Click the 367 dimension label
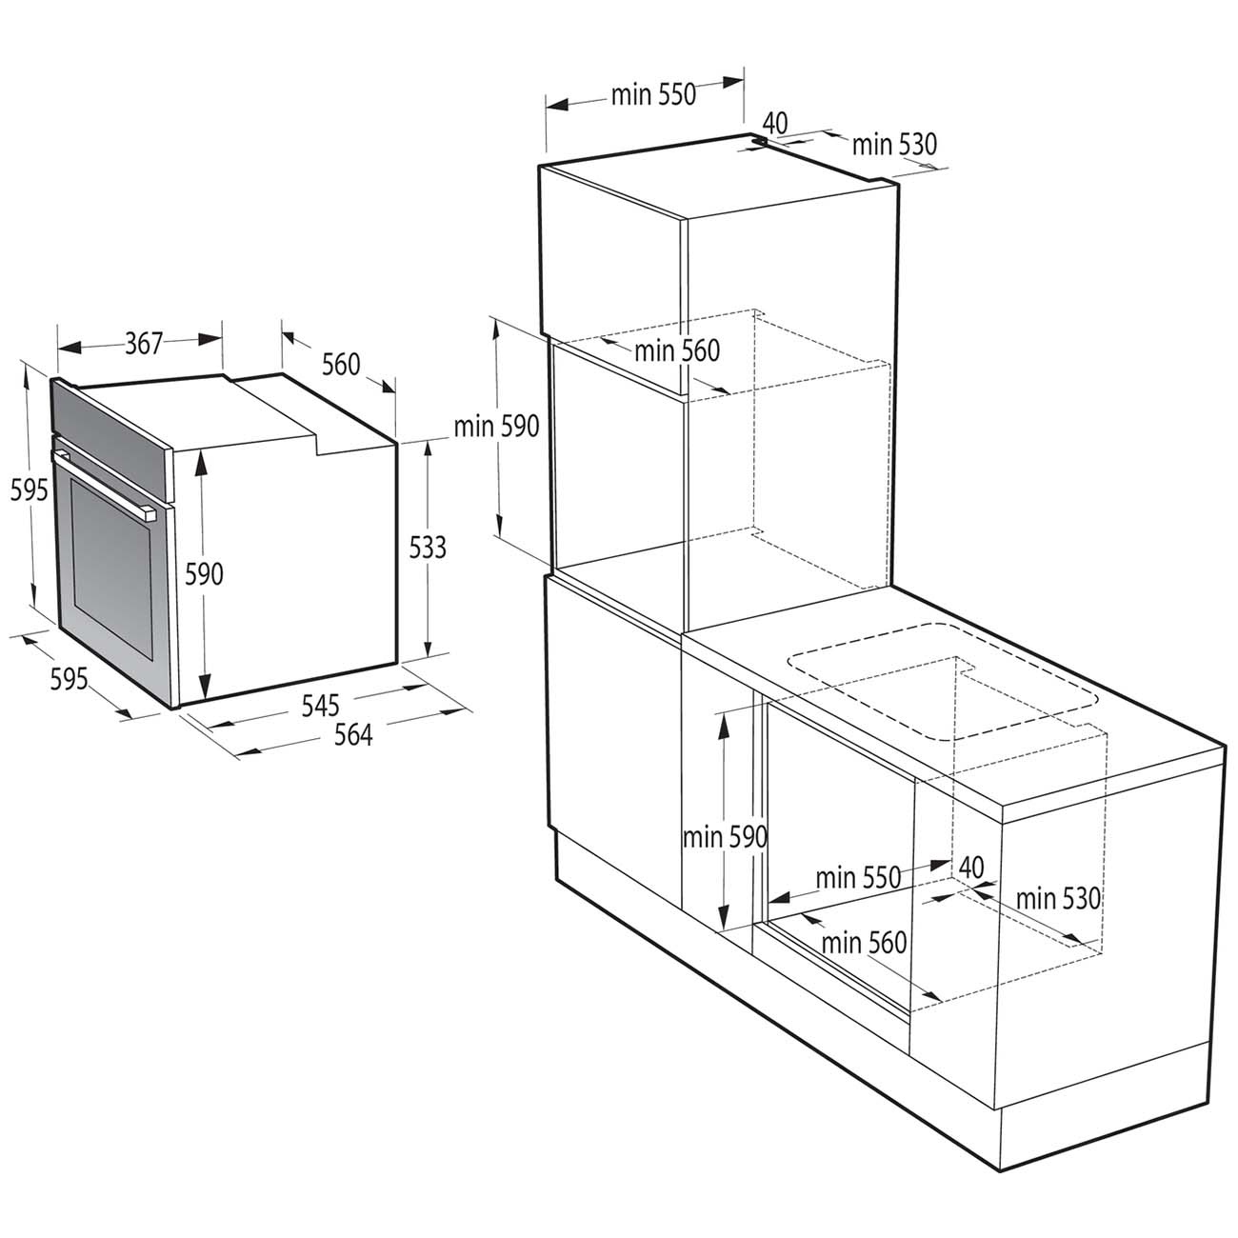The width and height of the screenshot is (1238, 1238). pos(145,343)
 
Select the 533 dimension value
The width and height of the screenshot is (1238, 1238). pos(429,548)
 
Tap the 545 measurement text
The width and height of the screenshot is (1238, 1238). pos(321,706)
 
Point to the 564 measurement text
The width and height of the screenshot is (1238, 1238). pos(352,734)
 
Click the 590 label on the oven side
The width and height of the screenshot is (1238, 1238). pos(204,574)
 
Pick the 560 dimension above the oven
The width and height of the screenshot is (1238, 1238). pos(341,364)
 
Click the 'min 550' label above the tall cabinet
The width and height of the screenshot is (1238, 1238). pos(654,94)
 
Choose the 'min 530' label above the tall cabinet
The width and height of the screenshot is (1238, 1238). pos(894,145)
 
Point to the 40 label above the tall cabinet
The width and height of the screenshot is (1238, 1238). pos(775,123)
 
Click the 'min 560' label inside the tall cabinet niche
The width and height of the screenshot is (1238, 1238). pos(677,350)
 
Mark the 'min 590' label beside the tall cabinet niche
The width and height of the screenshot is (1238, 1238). pos(496,426)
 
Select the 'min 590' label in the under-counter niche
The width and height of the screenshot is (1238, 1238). pos(725,837)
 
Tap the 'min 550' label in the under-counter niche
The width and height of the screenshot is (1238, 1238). pos(858,877)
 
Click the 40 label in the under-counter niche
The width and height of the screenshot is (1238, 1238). pos(970,867)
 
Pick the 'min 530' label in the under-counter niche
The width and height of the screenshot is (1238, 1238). pos(1058,898)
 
